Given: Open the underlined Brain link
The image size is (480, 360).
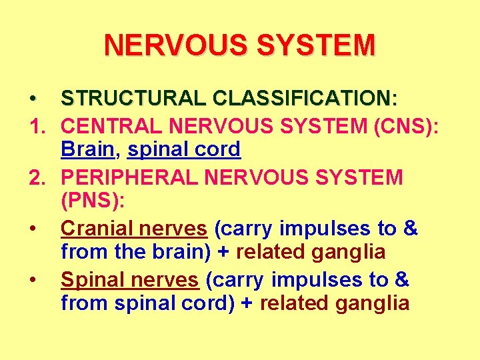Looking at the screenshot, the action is point(87,149).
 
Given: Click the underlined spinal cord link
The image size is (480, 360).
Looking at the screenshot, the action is point(184,149).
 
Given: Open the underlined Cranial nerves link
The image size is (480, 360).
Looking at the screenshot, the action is point(133,229).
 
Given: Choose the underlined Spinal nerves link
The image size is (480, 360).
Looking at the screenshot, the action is point(129,280).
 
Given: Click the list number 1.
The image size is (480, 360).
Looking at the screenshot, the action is point(35,125).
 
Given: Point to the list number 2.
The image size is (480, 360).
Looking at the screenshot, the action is point(35,177).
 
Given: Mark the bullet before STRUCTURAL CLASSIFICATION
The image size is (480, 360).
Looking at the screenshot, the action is point(33,99).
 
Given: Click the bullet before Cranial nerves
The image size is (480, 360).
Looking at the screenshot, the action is point(33,229).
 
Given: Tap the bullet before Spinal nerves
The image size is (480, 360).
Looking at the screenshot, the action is point(33,280).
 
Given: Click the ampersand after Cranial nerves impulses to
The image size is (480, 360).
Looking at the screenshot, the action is point(410,229).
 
